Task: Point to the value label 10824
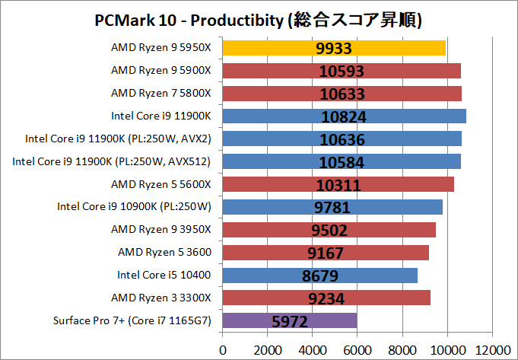click(344, 116)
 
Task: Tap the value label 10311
click(339, 185)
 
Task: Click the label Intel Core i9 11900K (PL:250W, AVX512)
click(112, 161)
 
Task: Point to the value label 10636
click(343, 139)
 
